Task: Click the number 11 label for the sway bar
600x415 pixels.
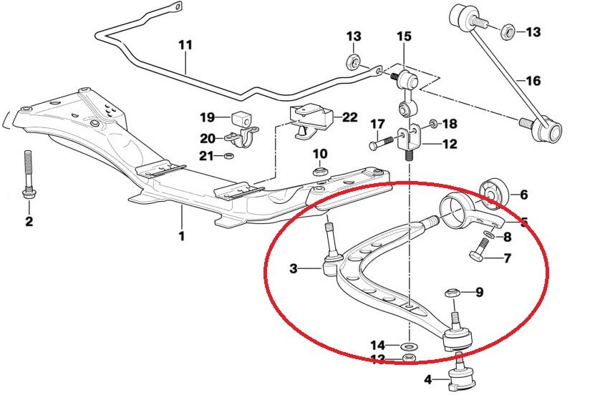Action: pos(185,45)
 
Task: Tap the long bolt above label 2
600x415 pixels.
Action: pos(28,176)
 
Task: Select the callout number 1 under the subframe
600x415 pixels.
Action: pos(181,235)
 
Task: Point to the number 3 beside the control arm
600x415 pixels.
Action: pos(294,269)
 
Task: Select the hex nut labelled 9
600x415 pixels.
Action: pos(452,293)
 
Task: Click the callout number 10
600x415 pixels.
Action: pos(320,154)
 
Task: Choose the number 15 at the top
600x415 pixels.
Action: pos(404,36)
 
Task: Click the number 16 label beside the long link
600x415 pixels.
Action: pos(533,81)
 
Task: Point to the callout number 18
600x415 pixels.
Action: pos(450,124)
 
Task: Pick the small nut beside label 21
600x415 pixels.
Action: pos(228,155)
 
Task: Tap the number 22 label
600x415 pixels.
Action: pos(350,117)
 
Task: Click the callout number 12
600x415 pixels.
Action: pos(450,145)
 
